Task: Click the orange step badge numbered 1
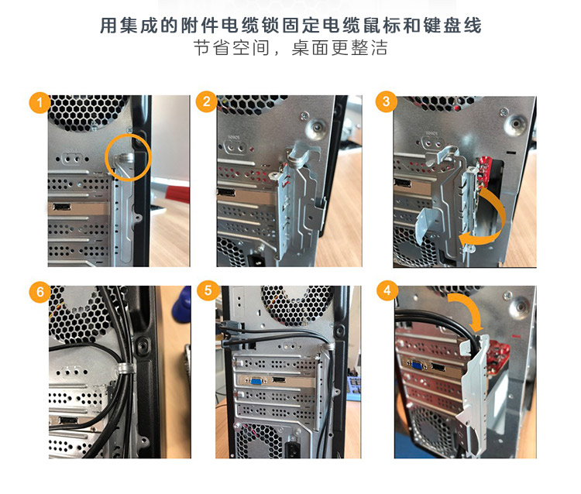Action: (x=40, y=102)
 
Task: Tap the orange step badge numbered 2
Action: (x=206, y=101)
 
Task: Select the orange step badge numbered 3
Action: (x=386, y=101)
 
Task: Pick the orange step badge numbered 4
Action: (x=387, y=290)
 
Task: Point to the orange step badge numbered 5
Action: (x=208, y=290)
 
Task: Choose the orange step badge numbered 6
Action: (x=40, y=292)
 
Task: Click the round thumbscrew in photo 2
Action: (x=317, y=128)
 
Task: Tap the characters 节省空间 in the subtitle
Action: (x=232, y=48)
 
